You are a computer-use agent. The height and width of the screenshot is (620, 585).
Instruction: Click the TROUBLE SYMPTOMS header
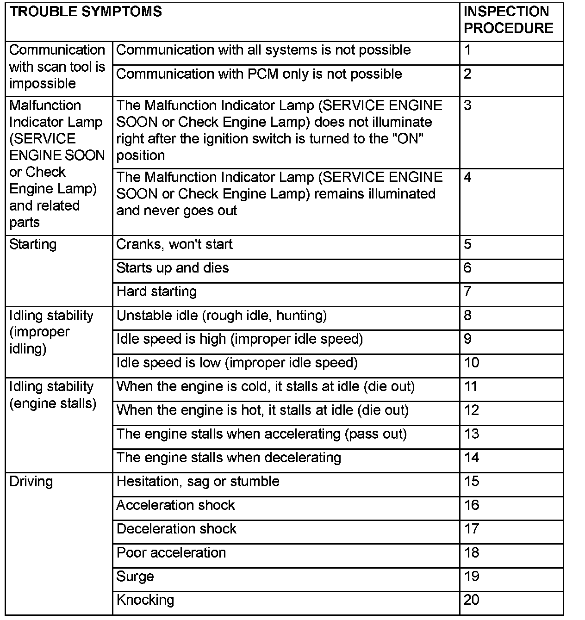tap(86, 12)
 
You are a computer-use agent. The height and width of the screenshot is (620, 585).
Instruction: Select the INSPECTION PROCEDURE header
tap(508, 20)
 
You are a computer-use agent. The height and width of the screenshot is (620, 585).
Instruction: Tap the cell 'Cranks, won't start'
tap(174, 244)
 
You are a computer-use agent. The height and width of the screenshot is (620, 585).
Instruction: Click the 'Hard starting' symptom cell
tap(156, 291)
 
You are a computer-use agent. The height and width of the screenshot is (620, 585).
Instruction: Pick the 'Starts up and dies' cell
tap(173, 268)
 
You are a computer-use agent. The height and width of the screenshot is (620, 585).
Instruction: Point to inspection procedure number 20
tap(471, 600)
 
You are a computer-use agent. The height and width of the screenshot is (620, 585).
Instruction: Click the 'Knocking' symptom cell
tap(145, 600)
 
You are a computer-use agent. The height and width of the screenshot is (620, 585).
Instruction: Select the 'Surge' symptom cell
tap(135, 577)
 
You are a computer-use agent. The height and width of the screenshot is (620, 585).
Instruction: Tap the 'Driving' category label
tap(31, 482)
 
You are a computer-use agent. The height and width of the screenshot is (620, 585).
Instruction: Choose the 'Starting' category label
tap(33, 244)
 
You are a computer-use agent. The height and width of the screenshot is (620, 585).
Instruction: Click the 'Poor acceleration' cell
tap(171, 553)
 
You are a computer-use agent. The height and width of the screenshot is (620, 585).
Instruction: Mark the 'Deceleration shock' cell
tap(176, 529)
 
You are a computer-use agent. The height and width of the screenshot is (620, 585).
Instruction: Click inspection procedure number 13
tap(471, 434)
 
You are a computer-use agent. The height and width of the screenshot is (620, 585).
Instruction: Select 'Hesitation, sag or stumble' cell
tap(198, 482)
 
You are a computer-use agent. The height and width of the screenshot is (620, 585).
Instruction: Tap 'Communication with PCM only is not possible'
tap(259, 74)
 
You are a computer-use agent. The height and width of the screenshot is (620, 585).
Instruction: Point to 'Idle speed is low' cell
tap(237, 363)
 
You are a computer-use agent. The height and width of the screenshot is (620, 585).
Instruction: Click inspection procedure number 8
tap(467, 316)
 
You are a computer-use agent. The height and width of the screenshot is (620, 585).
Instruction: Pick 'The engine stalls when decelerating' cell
tap(229, 458)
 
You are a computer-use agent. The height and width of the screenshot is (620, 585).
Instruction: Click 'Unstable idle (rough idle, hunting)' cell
tap(222, 316)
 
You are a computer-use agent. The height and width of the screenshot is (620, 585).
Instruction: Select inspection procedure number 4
tap(467, 177)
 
